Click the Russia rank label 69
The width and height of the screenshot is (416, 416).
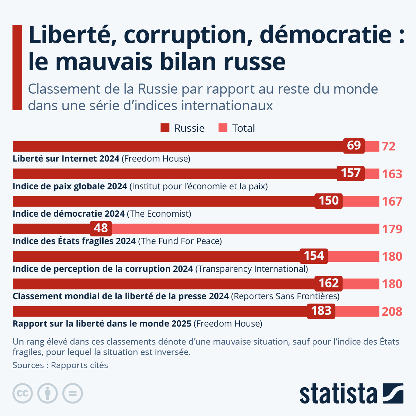point(354,145)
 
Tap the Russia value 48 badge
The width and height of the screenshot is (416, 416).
point(101,228)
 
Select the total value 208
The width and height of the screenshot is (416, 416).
point(392,312)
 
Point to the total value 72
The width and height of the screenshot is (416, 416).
point(389,146)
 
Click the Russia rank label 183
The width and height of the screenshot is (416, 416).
point(321,311)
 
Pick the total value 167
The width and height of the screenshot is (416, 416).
point(392,201)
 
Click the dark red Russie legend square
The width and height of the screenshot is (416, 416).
point(165,128)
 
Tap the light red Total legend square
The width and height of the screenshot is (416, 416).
point(223,128)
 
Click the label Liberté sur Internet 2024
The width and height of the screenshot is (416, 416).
point(66,159)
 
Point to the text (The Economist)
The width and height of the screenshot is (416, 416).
point(159,214)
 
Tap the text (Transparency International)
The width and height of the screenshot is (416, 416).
point(252,269)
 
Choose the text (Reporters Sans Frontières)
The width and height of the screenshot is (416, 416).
point(285,296)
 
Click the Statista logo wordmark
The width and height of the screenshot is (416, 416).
point(338,394)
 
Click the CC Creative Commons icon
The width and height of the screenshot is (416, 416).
point(23,393)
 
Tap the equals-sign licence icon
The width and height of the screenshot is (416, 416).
point(72,393)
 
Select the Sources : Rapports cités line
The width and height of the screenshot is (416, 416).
point(60,365)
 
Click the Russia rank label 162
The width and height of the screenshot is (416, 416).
point(329,283)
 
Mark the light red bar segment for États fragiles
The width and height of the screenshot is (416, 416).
point(243,229)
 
